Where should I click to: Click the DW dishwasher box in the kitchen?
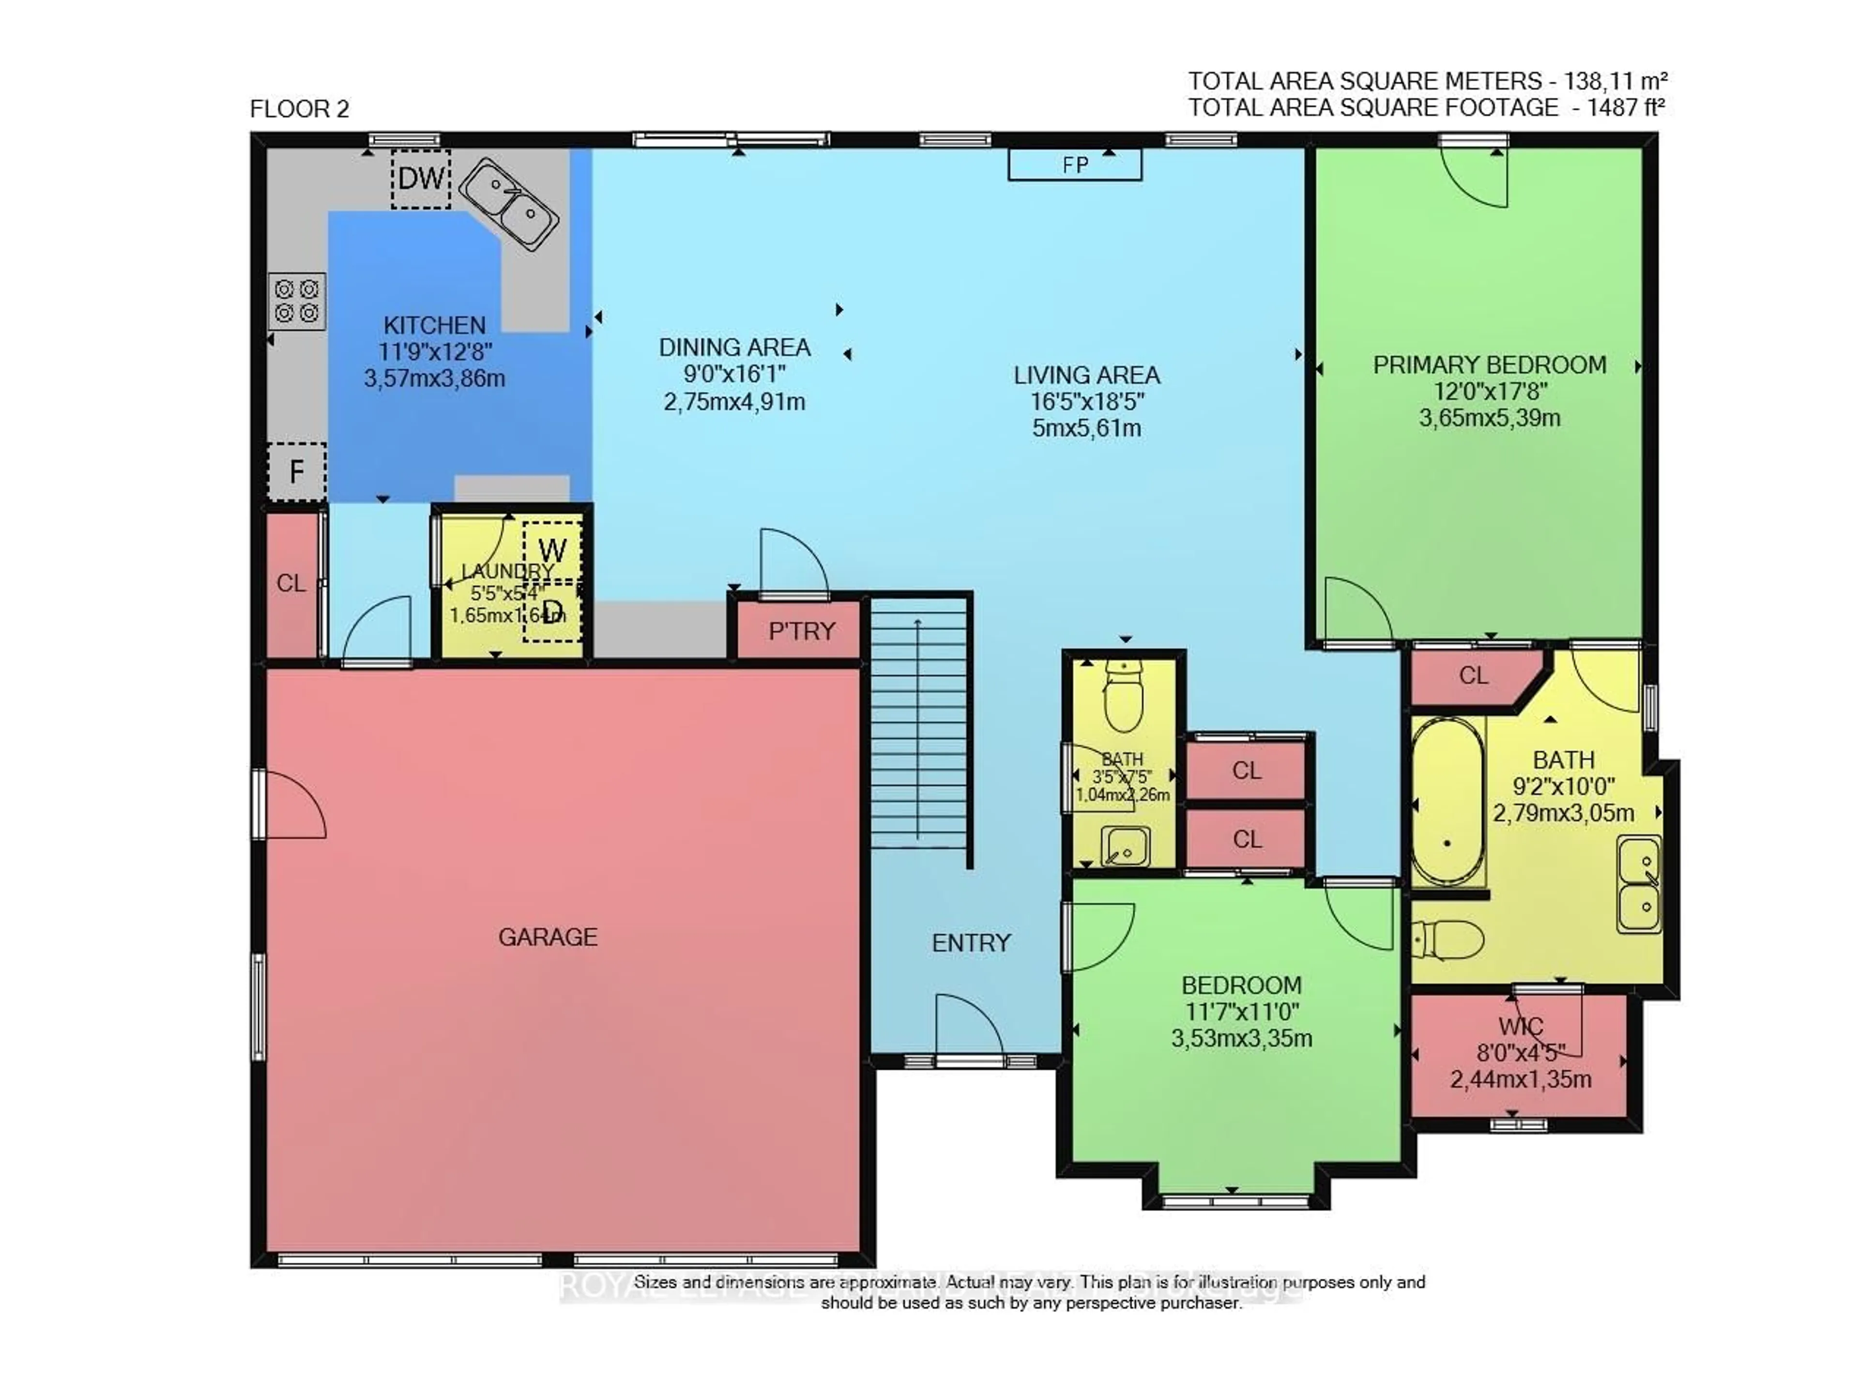[x=421, y=179]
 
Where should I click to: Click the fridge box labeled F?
[x=296, y=472]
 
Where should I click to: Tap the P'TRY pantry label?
[x=801, y=631]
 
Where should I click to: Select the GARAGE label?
[x=548, y=937]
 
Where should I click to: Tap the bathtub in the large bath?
[x=1447, y=800]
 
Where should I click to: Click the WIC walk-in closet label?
[x=1520, y=1026]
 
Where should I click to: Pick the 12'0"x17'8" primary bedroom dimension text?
[x=1490, y=391]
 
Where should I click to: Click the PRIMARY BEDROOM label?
[x=1490, y=365]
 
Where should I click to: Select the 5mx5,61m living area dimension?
[x=1086, y=428]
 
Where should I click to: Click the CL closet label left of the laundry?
[x=291, y=584]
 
